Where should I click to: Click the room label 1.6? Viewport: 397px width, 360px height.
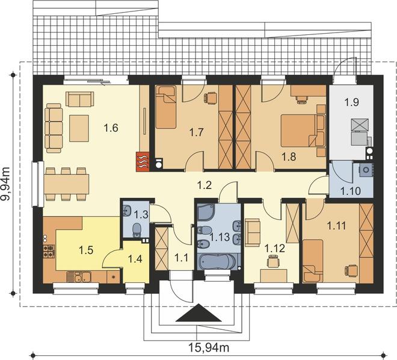[x=111, y=128]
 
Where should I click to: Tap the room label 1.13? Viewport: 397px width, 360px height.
[x=220, y=237]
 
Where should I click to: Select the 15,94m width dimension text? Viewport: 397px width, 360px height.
[x=209, y=347]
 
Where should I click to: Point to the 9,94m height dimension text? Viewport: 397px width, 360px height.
[x=5, y=183]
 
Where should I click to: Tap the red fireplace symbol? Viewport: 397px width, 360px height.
[x=143, y=161]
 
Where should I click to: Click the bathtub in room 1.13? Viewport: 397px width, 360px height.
[x=218, y=261]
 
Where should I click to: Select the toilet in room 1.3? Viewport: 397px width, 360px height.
[x=137, y=229]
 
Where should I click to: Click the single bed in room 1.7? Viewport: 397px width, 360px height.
[x=166, y=107]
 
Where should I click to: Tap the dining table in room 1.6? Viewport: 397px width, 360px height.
[x=67, y=184]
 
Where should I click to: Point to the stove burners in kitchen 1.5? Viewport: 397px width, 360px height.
[x=49, y=251]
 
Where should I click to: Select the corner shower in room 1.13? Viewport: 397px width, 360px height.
[x=206, y=213]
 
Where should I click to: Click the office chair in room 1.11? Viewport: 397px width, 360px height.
[x=351, y=270]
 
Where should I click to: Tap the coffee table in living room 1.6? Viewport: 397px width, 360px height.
[x=79, y=128]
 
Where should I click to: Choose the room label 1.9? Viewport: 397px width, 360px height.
[x=352, y=102]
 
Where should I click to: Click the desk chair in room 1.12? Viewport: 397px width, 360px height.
[x=272, y=261]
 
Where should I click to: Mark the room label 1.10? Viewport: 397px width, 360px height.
[x=351, y=191]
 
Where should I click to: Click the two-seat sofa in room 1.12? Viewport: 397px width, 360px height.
[x=253, y=232]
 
